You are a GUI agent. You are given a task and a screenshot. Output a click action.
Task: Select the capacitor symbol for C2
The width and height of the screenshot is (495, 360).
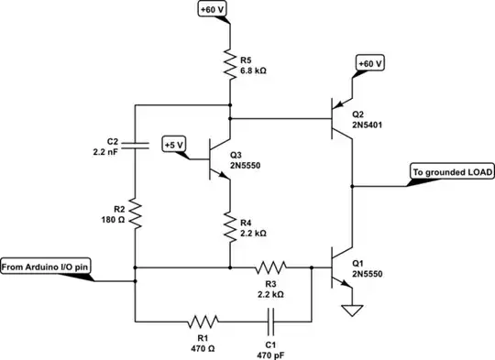point(135,143)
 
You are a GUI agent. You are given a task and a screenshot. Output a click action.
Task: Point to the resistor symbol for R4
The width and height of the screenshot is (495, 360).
point(228,224)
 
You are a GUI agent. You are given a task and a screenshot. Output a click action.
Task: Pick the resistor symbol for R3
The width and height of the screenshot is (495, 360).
point(270,267)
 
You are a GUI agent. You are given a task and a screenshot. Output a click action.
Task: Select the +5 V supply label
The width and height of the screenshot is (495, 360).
point(173,145)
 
